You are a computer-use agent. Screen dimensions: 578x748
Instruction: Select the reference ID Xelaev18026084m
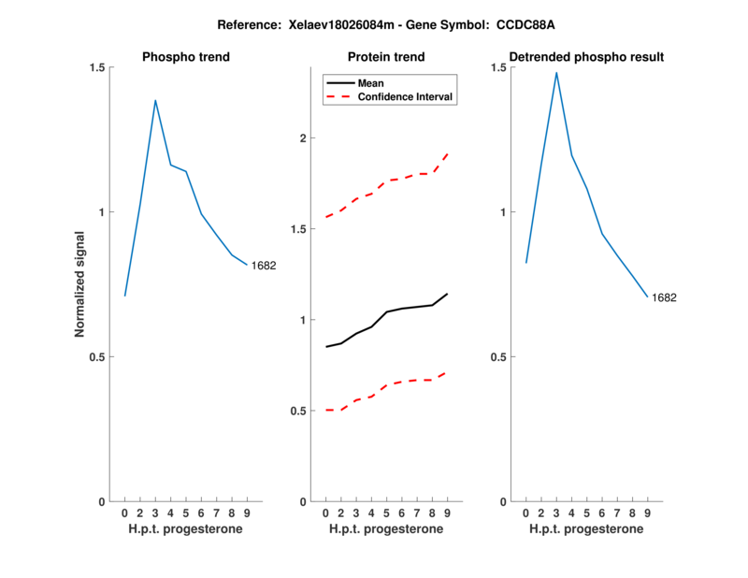click(x=335, y=24)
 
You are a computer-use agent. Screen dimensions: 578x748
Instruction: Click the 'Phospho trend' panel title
click(x=186, y=57)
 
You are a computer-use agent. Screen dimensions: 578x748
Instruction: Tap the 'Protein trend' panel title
click(x=386, y=57)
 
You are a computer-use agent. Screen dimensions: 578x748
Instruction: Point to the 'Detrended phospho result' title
click(x=586, y=57)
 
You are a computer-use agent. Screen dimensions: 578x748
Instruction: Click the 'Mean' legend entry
click(x=371, y=83)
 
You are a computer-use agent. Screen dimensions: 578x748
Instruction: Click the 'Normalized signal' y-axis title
click(x=80, y=284)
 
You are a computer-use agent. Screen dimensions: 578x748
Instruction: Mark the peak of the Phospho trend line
click(x=155, y=100)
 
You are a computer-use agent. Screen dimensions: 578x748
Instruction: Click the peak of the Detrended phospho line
click(x=556, y=72)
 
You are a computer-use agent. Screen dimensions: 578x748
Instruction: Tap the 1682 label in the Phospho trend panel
click(x=264, y=266)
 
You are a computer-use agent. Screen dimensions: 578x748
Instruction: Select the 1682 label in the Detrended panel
click(x=664, y=297)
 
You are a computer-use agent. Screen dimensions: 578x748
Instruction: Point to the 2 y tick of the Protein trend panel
click(x=303, y=138)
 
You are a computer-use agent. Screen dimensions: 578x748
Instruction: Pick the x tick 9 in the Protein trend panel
click(x=447, y=513)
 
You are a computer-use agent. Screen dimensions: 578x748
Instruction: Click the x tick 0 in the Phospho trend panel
click(x=125, y=513)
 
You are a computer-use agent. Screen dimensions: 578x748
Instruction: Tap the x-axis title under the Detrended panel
click(x=586, y=529)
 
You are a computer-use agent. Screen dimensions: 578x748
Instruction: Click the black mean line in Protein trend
click(x=386, y=312)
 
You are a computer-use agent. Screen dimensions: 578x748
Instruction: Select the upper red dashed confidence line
click(x=386, y=181)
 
